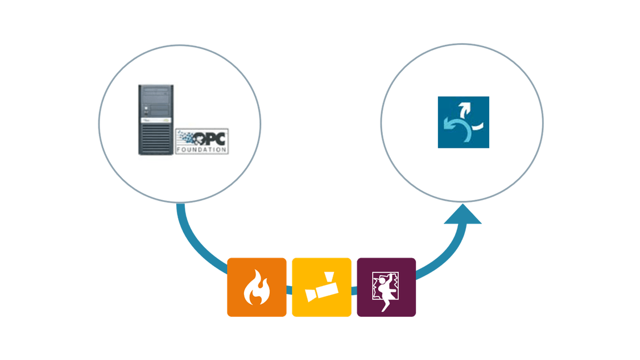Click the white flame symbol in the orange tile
[257, 287]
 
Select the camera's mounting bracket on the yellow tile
[329, 277]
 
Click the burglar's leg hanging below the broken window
[385, 305]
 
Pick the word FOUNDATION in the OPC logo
[201, 150]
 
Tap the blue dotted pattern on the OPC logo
[186, 136]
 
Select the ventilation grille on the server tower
[155, 138]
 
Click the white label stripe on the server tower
[155, 121]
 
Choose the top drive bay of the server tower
[156, 90]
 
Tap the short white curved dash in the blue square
[477, 126]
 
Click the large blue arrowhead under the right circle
[463, 214]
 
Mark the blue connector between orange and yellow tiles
[289, 290]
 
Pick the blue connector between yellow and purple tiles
[354, 291]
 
